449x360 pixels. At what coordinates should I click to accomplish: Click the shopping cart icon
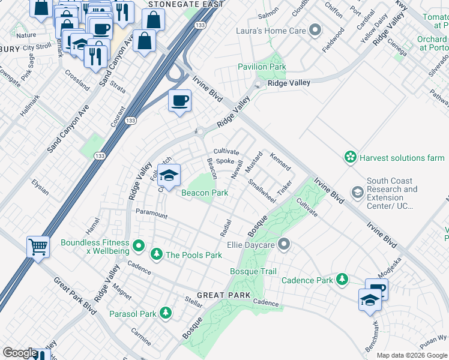click(x=38, y=246)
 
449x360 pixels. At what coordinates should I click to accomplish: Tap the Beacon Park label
click(x=205, y=193)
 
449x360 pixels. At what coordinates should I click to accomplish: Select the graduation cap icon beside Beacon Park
click(x=169, y=174)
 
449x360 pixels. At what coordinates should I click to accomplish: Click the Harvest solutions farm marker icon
click(x=350, y=158)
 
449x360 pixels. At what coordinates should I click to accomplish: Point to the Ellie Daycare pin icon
click(x=285, y=244)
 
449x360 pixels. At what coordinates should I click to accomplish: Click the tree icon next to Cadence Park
click(x=342, y=280)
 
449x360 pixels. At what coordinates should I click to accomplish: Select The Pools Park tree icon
click(x=157, y=255)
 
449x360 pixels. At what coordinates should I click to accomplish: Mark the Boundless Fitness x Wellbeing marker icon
click(x=139, y=245)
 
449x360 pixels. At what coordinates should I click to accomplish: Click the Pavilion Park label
click(x=262, y=67)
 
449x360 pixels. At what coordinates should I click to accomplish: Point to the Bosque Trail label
click(x=253, y=272)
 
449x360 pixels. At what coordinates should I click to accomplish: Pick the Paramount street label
click(x=151, y=212)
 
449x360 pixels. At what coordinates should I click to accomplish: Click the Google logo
click(x=20, y=353)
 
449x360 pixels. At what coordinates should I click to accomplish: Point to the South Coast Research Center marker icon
click(x=358, y=192)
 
